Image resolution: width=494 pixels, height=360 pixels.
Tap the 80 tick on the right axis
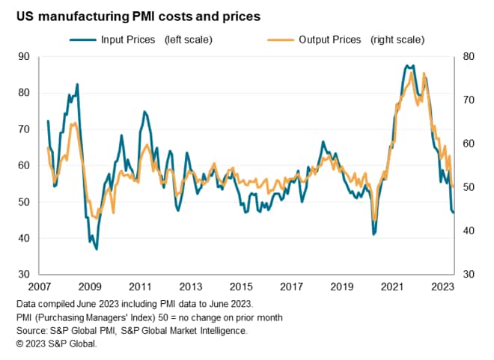pos(471,56)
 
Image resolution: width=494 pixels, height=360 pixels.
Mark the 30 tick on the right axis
pos(471,275)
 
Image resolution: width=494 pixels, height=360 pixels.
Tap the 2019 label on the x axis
pos(341,287)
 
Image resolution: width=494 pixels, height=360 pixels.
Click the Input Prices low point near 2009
pos(97,248)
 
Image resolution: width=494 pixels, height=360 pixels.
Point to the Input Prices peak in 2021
pos(406,66)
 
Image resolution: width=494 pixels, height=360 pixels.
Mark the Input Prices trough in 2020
pos(373,234)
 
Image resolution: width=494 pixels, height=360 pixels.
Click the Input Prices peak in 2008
pos(77,85)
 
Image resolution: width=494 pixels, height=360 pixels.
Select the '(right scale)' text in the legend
pos(397,39)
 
